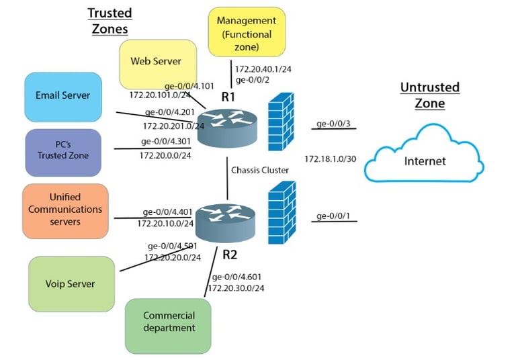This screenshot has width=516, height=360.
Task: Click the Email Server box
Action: click(63, 97)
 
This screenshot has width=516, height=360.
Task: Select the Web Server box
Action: click(158, 64)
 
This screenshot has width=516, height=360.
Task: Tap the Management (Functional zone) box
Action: click(247, 32)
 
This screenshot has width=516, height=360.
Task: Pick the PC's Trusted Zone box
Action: click(63, 152)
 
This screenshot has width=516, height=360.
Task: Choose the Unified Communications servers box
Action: click(65, 212)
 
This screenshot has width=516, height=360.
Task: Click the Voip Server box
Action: click(71, 284)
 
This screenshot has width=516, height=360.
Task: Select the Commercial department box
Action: click(168, 326)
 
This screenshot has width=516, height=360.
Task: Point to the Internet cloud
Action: click(424, 154)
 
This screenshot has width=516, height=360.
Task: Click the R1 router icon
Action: click(227, 128)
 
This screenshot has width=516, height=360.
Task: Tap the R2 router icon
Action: click(226, 223)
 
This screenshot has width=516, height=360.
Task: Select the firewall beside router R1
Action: click(281, 122)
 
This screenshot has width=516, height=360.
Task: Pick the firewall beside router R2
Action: click(282, 213)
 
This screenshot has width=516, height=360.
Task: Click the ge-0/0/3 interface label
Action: click(333, 124)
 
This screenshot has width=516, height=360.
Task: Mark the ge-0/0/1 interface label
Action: click(333, 216)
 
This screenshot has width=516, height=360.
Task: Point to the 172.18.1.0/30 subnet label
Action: click(331, 159)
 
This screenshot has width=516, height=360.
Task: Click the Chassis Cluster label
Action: click(260, 170)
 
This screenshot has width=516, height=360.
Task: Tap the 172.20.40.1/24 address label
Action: click(263, 69)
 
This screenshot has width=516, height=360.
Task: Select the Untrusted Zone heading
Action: click(430, 95)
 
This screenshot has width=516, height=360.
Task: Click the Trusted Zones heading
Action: click(110, 21)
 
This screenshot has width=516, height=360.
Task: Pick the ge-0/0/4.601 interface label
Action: click(236, 277)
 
